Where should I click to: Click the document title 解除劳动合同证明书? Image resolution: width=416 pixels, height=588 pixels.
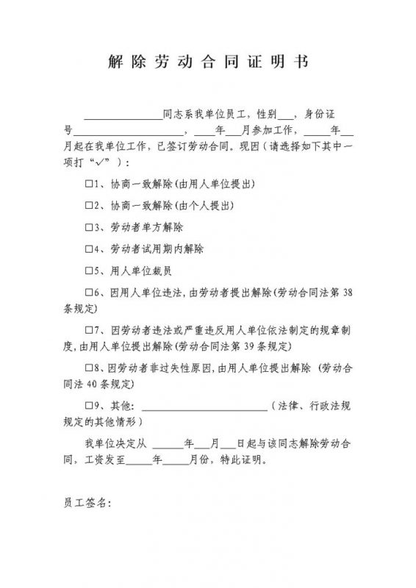pos(208,62)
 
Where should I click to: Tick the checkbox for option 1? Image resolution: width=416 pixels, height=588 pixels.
pos(89,183)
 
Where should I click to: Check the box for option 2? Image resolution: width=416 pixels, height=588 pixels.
pos(89,205)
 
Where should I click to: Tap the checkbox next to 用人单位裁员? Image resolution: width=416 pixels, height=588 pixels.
pos(89,270)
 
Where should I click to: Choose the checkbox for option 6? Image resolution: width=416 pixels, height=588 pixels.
pos(89,293)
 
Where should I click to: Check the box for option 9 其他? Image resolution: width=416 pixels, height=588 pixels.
pos(89,406)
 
